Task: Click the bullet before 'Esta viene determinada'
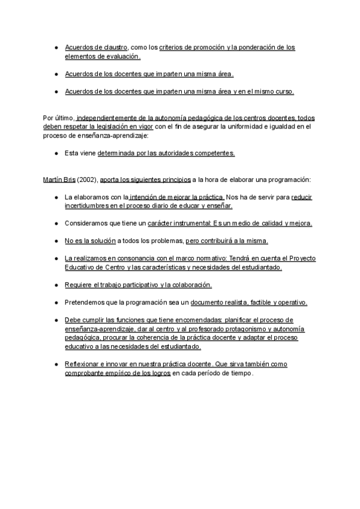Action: [x=55, y=153]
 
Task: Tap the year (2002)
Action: [x=87, y=179]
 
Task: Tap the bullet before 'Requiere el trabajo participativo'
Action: [x=55, y=285]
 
